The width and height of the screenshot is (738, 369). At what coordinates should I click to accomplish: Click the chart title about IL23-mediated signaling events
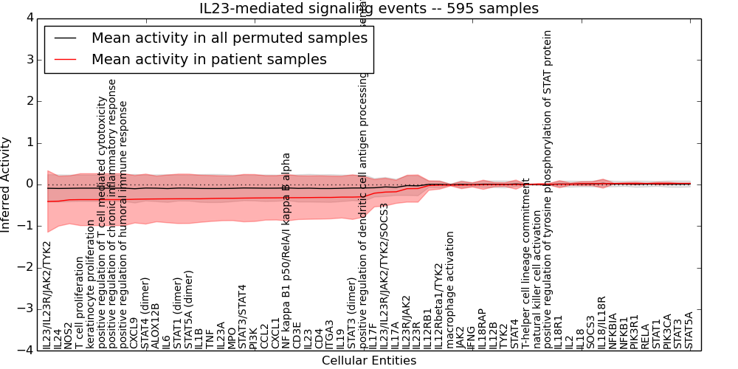click(369, 9)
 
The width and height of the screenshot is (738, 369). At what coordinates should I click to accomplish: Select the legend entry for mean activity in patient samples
click(209, 59)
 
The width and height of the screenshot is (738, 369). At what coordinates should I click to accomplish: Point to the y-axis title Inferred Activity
click(7, 184)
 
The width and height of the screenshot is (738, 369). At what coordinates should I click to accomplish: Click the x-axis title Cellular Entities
click(369, 361)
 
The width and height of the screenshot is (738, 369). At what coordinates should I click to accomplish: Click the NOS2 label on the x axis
click(69, 335)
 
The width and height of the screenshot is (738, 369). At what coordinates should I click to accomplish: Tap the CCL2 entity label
click(264, 337)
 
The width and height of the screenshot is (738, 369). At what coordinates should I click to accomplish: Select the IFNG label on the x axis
click(472, 337)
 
